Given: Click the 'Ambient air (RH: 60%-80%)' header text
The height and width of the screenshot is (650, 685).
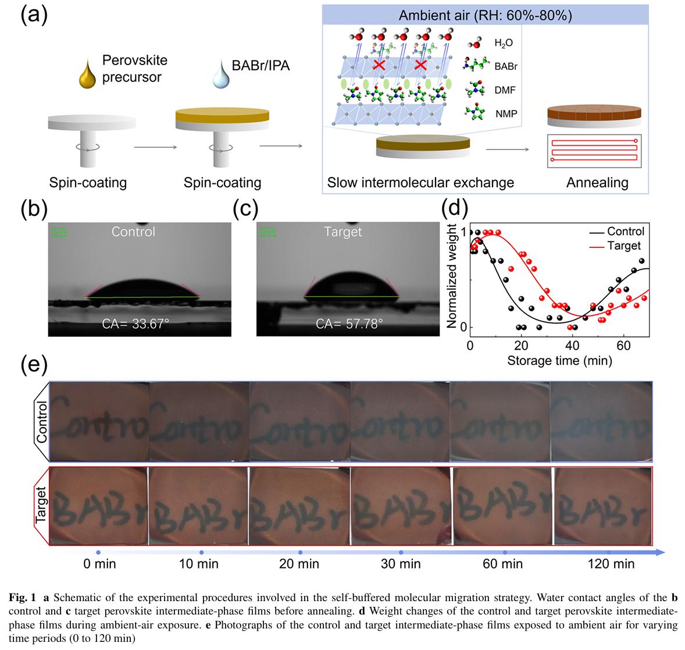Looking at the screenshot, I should tap(485, 15).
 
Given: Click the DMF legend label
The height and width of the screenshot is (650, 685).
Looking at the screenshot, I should tap(504, 90).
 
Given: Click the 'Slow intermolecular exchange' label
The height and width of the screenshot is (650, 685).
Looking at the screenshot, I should tap(420, 183).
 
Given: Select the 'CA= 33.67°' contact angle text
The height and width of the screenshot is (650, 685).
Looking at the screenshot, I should tap(135, 323).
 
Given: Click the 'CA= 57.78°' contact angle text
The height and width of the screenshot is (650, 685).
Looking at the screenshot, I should tap(350, 323).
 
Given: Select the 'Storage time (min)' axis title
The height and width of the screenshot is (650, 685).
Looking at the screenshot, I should tap(559, 361).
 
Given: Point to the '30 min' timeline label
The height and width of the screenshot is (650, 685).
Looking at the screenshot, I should tap(401, 564).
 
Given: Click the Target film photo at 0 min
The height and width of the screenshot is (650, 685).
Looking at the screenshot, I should tap(99, 506).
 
